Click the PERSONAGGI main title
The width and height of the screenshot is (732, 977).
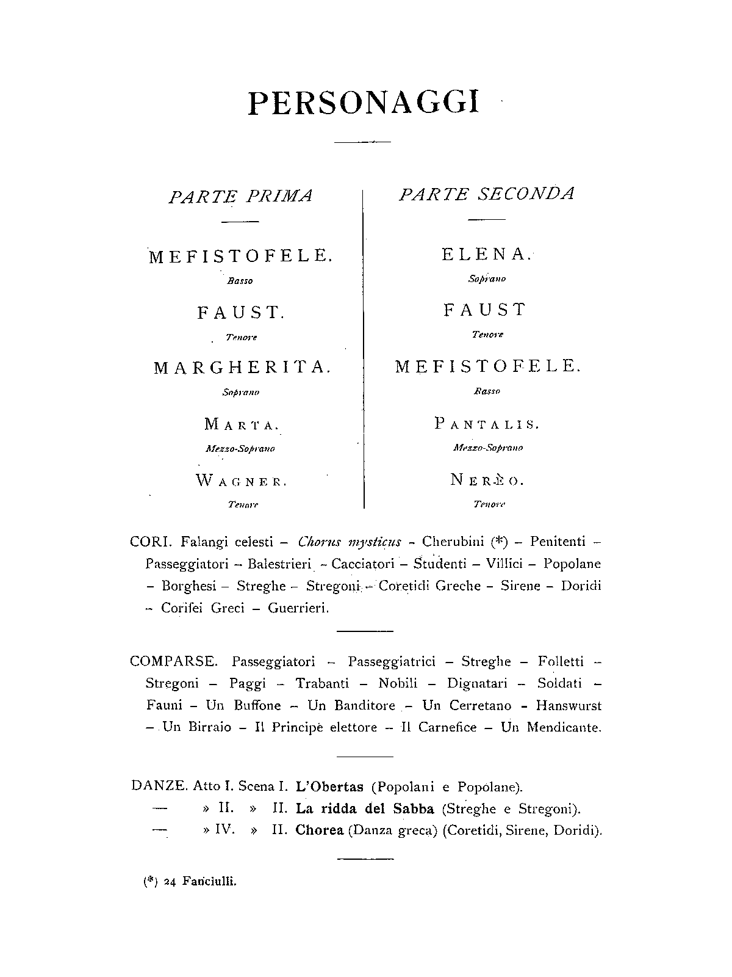(364, 103)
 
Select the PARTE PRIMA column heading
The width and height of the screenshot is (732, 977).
(240, 197)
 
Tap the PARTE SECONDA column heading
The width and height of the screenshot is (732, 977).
(487, 194)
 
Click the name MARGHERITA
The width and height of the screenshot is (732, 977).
(242, 368)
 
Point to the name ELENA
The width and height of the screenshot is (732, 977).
(487, 255)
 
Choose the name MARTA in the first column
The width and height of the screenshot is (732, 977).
(242, 424)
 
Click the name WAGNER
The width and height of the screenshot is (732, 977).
(241, 481)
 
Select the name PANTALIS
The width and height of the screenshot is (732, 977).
(487, 424)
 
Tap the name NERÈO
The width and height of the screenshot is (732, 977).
(487, 480)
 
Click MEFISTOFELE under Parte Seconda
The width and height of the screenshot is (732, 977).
(488, 366)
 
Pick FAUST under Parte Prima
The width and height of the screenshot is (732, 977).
(240, 313)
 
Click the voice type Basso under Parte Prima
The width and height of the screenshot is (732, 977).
(240, 281)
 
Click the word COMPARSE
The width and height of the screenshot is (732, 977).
(173, 661)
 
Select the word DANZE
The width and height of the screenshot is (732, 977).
(159, 786)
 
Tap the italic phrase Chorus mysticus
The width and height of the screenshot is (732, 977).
(350, 542)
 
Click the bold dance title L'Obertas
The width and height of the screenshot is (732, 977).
(329, 786)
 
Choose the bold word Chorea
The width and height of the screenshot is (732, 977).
(320, 830)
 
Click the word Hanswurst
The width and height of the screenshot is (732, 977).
(569, 706)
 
